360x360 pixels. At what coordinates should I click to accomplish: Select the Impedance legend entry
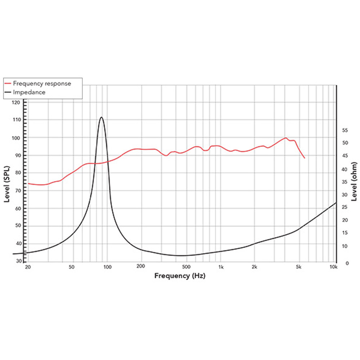coord(29,92)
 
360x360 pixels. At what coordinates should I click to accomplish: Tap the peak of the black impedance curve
coord(102,117)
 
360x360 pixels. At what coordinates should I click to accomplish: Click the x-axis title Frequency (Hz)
coord(180,276)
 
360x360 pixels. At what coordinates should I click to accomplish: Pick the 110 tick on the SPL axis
coord(16,120)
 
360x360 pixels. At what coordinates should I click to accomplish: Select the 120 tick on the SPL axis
coord(16,103)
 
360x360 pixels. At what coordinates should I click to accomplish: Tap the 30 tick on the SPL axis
coord(18,261)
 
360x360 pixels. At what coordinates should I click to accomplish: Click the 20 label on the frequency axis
coord(27,267)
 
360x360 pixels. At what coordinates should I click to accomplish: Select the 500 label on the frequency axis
coord(186,267)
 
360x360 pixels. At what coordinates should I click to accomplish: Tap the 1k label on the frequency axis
coord(221,267)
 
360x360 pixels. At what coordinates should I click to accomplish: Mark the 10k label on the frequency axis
coord(334,267)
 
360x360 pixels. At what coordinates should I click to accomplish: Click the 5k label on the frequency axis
coord(298,267)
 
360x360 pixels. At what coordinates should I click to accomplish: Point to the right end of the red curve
coord(305,158)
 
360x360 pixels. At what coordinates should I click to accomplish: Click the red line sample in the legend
coord(8,84)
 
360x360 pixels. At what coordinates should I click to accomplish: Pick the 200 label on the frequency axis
coord(141,267)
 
